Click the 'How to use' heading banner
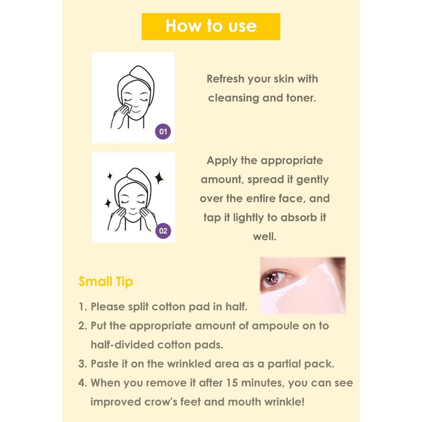click(210, 26)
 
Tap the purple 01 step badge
click(163, 131)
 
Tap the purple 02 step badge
click(163, 231)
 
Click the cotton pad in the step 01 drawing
click(127, 108)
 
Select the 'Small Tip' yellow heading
click(106, 282)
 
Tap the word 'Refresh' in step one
click(226, 79)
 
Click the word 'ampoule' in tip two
click(275, 326)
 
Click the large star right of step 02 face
click(159, 178)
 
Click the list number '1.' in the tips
click(83, 307)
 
